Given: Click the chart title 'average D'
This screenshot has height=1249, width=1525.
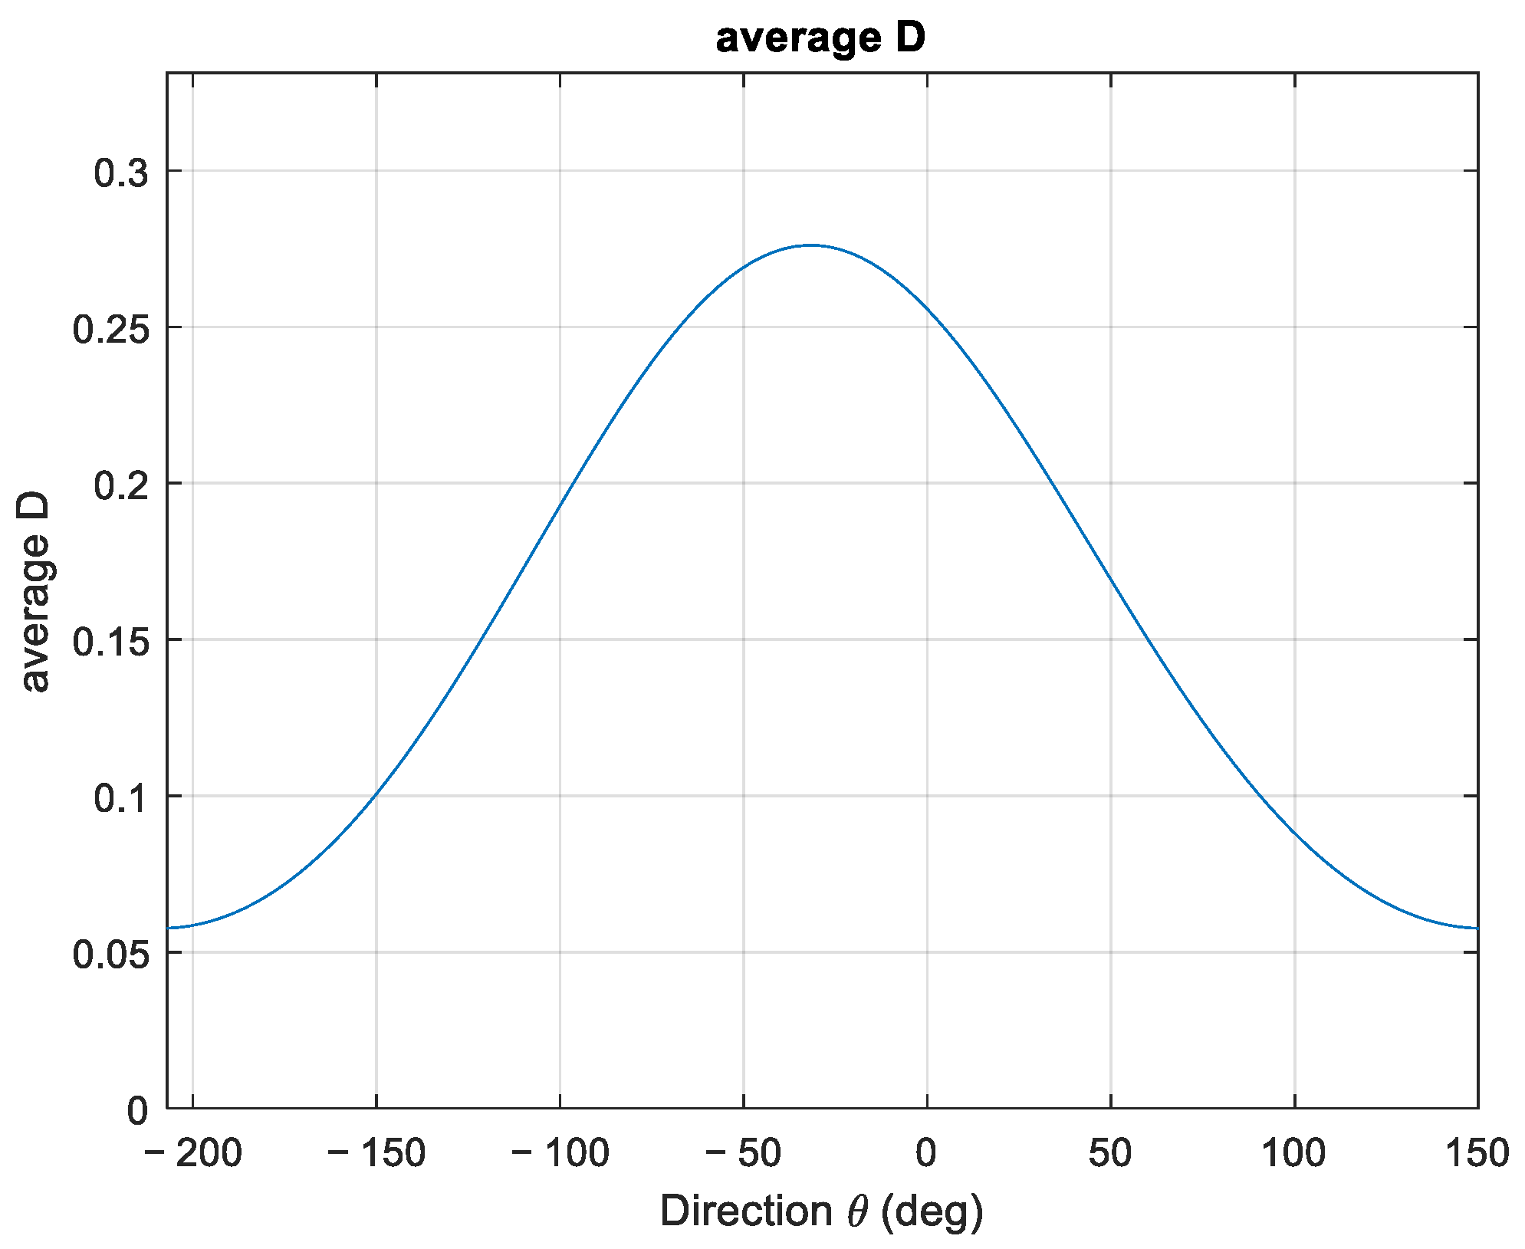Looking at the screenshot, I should [x=820, y=38].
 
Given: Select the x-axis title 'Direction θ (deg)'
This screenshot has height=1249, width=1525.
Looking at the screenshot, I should [x=821, y=1211].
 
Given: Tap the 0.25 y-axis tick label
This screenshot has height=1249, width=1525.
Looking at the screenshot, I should [x=110, y=329].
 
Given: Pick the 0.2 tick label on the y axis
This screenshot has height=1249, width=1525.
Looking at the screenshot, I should [x=120, y=485].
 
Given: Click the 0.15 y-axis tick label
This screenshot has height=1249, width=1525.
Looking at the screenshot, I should [x=110, y=642].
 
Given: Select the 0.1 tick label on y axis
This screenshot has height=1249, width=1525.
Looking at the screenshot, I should [x=120, y=798].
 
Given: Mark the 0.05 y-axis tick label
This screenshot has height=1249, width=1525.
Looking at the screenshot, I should [x=110, y=955].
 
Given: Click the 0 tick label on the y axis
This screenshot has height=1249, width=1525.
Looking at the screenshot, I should [x=137, y=1110].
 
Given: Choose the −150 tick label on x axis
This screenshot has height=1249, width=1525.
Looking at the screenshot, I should [x=376, y=1152].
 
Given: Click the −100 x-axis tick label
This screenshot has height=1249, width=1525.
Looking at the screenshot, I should [x=560, y=1152].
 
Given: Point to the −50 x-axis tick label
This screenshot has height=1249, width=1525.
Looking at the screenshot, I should [x=743, y=1152].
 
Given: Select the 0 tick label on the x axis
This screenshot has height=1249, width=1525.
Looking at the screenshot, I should [x=926, y=1152].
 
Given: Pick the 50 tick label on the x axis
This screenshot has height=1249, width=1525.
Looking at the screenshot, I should [x=1110, y=1152].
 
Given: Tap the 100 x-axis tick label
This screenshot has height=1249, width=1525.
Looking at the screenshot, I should [x=1294, y=1152].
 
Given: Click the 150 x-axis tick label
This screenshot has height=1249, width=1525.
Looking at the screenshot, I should [x=1477, y=1152].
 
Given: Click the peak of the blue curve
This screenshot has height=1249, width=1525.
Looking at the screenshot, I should [x=810, y=245].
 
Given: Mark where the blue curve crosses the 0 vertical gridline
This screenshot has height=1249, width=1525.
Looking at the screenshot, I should [x=927, y=308].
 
